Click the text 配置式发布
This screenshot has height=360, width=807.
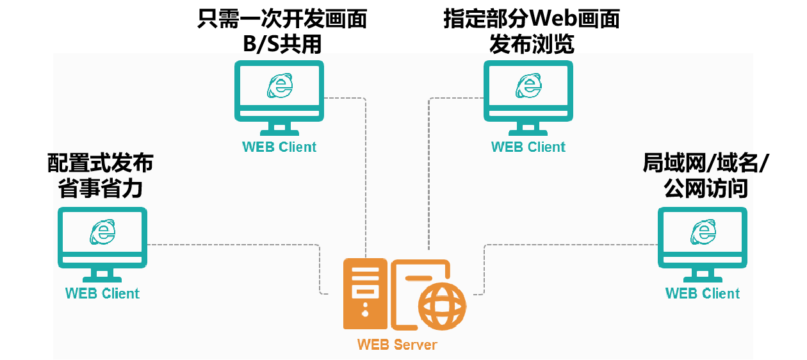tap(103, 164)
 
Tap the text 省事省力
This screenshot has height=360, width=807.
tap(100, 189)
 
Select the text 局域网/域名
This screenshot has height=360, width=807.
tap(697, 164)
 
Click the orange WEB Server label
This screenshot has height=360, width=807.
tap(397, 345)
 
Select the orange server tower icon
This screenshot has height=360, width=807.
tap(365, 293)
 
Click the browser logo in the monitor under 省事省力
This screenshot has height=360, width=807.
tap(102, 231)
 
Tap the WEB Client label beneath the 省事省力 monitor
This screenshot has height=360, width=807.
tap(102, 293)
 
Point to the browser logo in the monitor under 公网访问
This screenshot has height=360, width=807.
tap(703, 231)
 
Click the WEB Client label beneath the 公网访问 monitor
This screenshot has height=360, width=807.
tap(703, 293)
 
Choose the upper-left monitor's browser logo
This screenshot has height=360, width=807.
tap(279, 85)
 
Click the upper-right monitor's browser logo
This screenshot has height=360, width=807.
tap(528, 85)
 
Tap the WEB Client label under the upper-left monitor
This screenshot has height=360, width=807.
tap(279, 147)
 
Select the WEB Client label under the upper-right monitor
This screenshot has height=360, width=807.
tap(528, 147)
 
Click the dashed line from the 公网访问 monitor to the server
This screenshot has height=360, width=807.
tap(570, 245)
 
